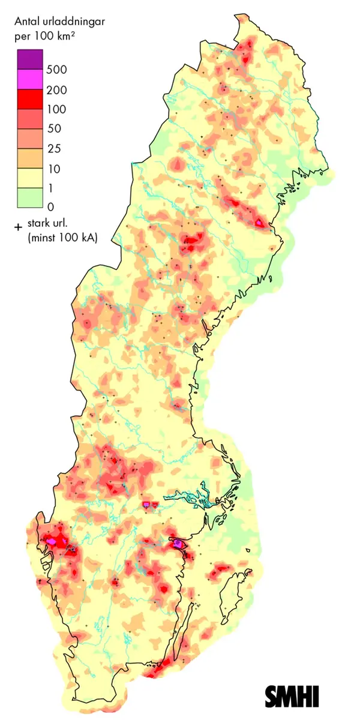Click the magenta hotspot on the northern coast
[x=259, y=223]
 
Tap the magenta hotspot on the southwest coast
[x=52, y=541]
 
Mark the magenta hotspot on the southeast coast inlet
[x=178, y=544]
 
